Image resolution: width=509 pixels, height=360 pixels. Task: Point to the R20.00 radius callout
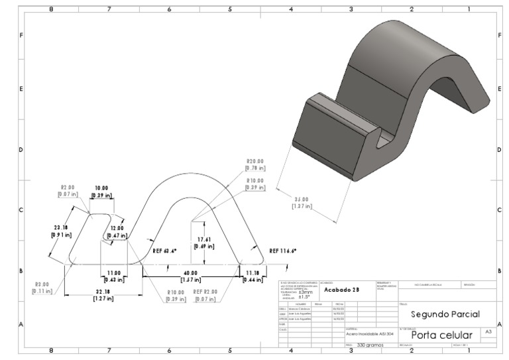pyautogui.click(x=255, y=161)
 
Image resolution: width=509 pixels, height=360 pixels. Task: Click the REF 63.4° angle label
pyautogui.click(x=166, y=252)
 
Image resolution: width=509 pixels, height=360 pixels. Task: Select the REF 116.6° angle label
pyautogui.click(x=283, y=251)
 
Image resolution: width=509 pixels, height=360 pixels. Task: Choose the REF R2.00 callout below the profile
pyautogui.click(x=207, y=292)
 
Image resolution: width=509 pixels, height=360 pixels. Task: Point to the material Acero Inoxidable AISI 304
pyautogui.click(x=370, y=335)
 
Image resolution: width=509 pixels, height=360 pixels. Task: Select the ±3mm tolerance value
pyautogui.click(x=306, y=292)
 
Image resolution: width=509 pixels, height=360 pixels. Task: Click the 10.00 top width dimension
pyautogui.click(x=102, y=188)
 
